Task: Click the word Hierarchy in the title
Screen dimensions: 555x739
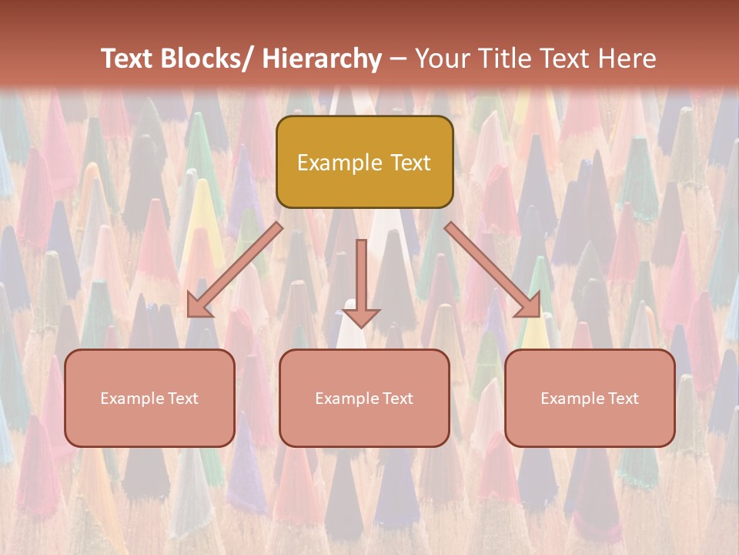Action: pos(322,59)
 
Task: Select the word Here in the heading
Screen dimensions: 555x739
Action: pos(627,59)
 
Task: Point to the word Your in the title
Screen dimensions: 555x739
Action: pos(442,59)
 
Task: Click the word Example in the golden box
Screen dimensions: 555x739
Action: pos(339,163)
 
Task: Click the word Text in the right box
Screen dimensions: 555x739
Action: pos(623,399)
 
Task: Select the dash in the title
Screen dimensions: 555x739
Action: pos(398,59)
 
